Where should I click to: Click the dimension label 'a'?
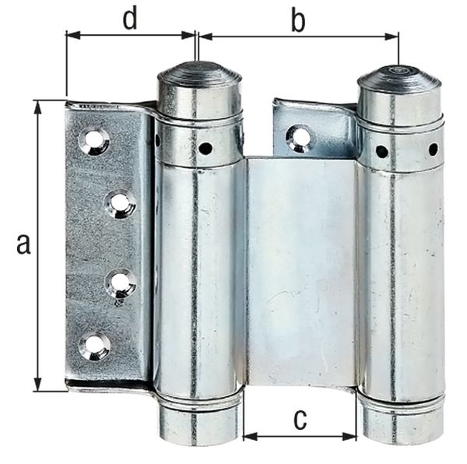coord(23,244)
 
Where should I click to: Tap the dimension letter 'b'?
coord(297,21)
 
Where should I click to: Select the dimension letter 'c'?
coord(300,419)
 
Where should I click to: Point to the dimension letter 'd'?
coord(130,19)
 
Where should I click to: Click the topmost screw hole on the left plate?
coord(94,140)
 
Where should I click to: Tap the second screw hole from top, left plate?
coord(120,204)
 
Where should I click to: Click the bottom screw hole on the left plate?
coord(94,346)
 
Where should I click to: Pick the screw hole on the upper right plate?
coord(299,138)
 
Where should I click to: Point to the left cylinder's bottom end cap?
coord(200,420)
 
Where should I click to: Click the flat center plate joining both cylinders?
coord(300,272)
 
